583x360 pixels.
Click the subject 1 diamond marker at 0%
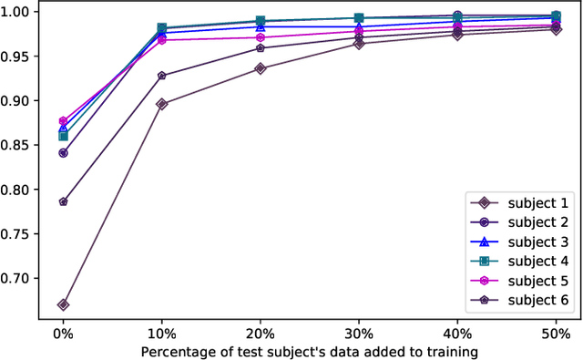[x=63, y=304]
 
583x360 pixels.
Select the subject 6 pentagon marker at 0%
[x=63, y=201]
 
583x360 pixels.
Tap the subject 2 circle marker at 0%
[x=63, y=153]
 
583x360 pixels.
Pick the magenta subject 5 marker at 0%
[x=63, y=121]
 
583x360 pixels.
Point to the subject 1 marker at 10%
[x=161, y=104]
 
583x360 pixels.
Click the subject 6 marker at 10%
[x=161, y=76]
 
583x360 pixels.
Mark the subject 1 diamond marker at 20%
[x=261, y=68]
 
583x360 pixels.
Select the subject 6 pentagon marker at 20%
[x=261, y=48]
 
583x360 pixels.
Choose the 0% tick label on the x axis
[x=63, y=333]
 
